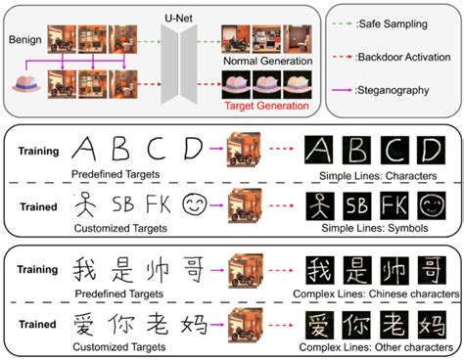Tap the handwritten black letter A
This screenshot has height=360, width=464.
[x=86, y=149]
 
